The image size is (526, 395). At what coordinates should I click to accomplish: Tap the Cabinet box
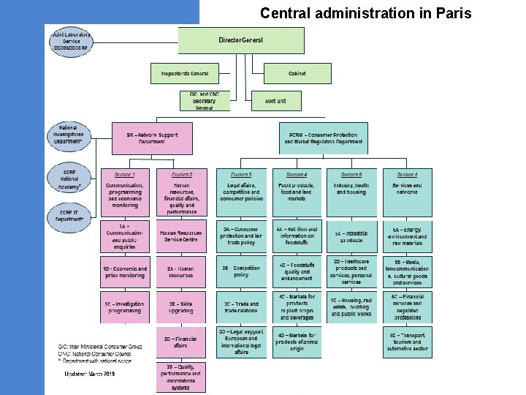297,73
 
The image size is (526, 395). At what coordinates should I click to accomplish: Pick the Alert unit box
275,101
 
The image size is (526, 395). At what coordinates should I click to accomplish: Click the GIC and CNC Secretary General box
205,101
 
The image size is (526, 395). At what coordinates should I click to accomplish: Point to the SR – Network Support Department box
152,138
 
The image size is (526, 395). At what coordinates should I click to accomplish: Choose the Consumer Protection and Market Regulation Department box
324,138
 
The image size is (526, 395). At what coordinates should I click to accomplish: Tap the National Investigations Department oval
71,138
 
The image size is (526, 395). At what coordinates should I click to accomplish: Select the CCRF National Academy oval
71,178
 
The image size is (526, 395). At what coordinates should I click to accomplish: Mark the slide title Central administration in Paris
366,12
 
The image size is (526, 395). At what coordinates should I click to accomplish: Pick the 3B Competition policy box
242,271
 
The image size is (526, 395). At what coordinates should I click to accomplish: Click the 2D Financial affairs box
180,342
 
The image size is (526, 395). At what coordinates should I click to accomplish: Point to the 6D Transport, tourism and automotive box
407,342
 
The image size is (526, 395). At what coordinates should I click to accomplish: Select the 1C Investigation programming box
125,306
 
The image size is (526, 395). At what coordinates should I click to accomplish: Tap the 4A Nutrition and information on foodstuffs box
297,236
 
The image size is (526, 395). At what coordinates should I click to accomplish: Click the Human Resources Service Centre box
180,236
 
